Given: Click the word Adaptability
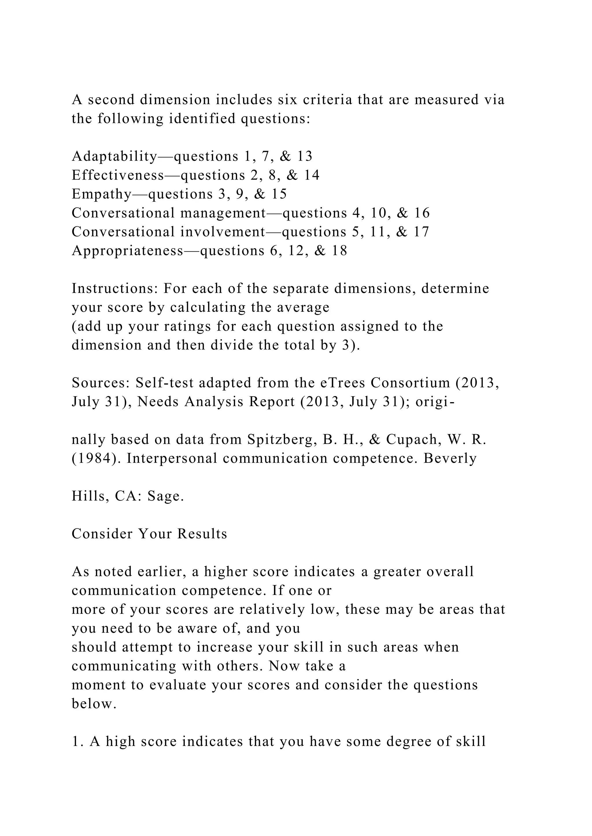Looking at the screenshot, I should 114,156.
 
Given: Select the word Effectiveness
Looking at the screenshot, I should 118,176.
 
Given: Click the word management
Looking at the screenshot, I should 223,213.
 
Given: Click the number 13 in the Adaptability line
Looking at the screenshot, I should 305,156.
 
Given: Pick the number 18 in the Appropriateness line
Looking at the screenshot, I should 339,251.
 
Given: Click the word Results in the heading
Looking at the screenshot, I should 202,534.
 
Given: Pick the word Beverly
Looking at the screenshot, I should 450,459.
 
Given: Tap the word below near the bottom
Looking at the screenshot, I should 93,704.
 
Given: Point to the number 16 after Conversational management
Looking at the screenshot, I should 422,213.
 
